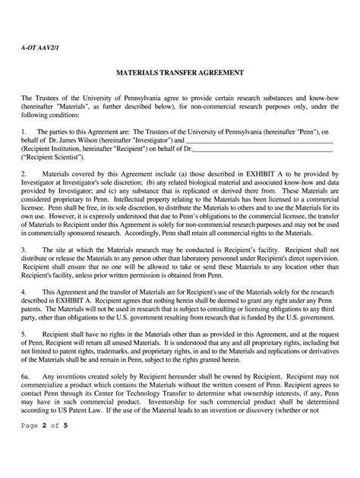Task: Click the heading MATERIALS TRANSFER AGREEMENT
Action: pos(179,76)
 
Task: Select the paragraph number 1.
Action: pos(24,131)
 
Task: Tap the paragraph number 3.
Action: pos(24,247)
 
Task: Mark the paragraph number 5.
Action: pos(24,332)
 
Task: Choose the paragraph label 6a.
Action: pos(25,374)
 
